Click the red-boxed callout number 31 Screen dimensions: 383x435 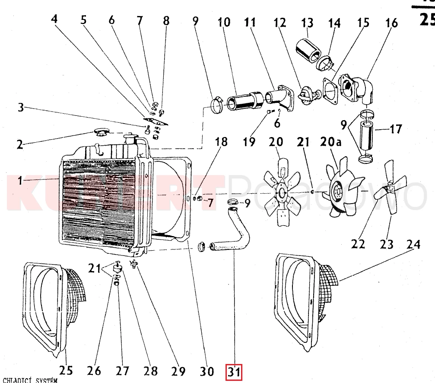[234, 372]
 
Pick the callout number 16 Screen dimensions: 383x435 [392, 22]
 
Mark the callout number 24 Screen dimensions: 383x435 [413, 245]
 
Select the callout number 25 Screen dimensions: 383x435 [66, 370]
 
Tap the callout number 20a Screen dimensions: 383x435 [331, 141]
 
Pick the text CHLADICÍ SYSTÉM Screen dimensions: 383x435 [29, 380]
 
